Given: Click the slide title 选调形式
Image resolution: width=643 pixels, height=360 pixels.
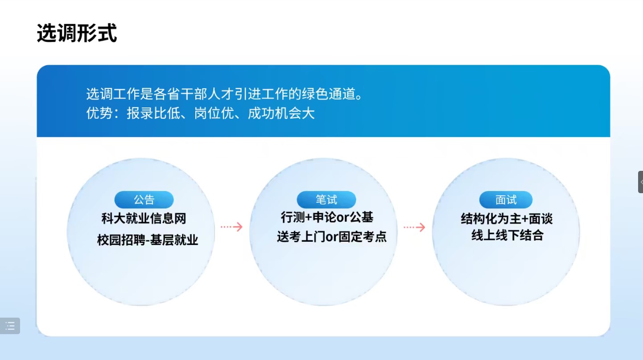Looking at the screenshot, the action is tap(77, 33).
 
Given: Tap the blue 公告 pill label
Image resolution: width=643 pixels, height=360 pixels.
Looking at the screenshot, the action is tap(144, 199).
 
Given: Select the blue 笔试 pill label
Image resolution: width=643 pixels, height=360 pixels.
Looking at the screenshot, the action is tap(326, 199).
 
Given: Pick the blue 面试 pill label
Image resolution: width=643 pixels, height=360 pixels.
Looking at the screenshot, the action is tap(506, 199).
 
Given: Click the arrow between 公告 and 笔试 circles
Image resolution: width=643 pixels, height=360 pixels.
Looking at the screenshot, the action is tap(232, 227).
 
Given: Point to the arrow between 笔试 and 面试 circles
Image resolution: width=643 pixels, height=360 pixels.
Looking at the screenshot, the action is tap(414, 227).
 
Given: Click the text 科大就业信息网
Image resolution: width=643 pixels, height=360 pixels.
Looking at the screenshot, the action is tap(144, 219).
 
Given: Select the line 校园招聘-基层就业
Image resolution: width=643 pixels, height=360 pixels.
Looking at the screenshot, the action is tap(148, 240).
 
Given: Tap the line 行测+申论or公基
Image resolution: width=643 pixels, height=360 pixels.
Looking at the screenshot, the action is tap(327, 217).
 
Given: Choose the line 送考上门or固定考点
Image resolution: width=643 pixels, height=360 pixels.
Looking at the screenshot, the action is tap(332, 237).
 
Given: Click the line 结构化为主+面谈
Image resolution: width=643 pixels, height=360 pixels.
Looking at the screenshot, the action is tap(507, 219).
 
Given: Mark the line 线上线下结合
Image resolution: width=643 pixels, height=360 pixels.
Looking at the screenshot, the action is tap(507, 235).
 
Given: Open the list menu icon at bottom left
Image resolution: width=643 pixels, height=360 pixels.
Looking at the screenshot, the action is tap(10, 326).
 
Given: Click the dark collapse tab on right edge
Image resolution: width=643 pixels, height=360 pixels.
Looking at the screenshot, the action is tap(641, 182).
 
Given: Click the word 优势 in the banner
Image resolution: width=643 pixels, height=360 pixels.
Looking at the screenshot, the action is tap(99, 113).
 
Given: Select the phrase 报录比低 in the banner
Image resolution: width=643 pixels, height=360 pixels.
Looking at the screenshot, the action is tap(153, 113).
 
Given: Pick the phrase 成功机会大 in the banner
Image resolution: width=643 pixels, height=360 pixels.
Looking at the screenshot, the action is tap(281, 113).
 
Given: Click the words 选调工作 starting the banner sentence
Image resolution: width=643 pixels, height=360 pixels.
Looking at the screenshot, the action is tap(113, 94).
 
